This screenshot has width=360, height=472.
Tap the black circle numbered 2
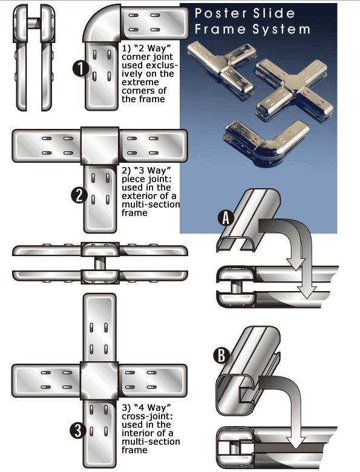point(79,195)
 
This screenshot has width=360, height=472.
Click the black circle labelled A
point(226,218)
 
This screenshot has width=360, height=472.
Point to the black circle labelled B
point(221,355)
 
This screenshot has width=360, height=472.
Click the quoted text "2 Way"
point(148,48)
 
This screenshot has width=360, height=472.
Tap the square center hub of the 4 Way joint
point(100,381)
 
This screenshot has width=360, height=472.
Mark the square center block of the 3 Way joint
point(100,146)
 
